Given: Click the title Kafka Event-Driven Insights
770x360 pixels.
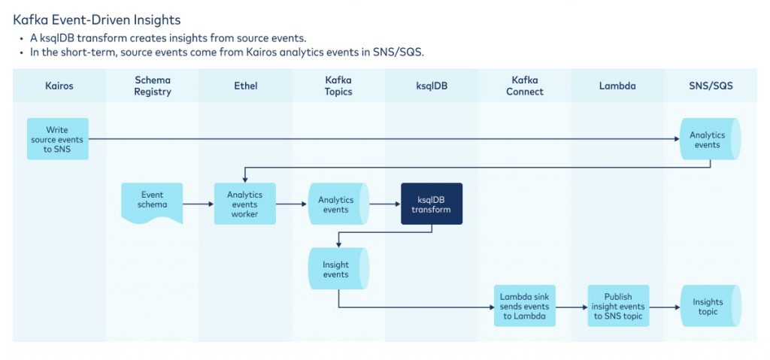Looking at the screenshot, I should [x=97, y=20].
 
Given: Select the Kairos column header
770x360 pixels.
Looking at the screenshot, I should [x=59, y=86].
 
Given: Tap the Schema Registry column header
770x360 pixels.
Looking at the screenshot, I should [x=153, y=86].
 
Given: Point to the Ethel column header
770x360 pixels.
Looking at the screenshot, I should [x=245, y=86].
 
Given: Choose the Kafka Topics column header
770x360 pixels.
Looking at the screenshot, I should [x=338, y=86].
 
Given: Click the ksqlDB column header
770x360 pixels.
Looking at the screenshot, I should [x=432, y=86].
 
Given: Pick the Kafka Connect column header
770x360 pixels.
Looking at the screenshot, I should [x=524, y=86].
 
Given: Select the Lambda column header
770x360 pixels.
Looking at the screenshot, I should [x=617, y=86].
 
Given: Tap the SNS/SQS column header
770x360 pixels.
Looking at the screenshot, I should [x=711, y=86].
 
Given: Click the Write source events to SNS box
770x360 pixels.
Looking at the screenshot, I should [x=58, y=139].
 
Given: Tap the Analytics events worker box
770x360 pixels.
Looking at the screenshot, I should [x=245, y=204].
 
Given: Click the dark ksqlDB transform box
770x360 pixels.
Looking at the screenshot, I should [x=432, y=204].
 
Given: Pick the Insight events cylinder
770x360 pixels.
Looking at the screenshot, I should [x=338, y=269].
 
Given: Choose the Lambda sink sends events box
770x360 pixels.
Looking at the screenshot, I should [x=524, y=306].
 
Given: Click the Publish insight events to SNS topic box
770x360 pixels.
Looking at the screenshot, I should [x=617, y=306].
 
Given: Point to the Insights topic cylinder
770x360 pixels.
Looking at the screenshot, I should [x=709, y=306].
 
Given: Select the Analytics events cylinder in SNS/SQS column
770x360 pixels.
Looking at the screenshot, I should [x=709, y=139].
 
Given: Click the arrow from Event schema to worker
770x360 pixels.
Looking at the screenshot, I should [x=199, y=204].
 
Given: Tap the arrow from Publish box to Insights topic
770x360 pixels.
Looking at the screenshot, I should [x=664, y=307].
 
